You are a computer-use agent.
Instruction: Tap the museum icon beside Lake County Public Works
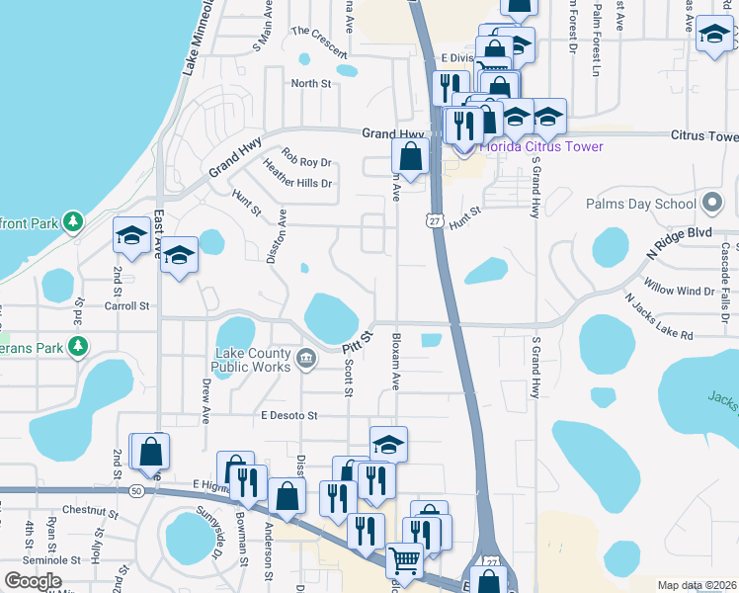pos(305,357)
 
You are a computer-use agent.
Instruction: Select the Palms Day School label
pos(640,204)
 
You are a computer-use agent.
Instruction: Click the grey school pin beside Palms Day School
pos(712,204)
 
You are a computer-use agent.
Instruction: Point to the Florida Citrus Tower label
pos(541,147)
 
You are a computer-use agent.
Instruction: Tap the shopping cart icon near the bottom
pos(403,559)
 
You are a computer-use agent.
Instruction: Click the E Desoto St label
pos(287,416)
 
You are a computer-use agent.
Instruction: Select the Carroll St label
pos(127,306)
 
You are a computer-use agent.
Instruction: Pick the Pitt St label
pos(356,342)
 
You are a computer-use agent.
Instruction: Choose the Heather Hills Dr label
pos(296,177)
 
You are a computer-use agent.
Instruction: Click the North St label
pos(310,84)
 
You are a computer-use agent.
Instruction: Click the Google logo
pos(33,581)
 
